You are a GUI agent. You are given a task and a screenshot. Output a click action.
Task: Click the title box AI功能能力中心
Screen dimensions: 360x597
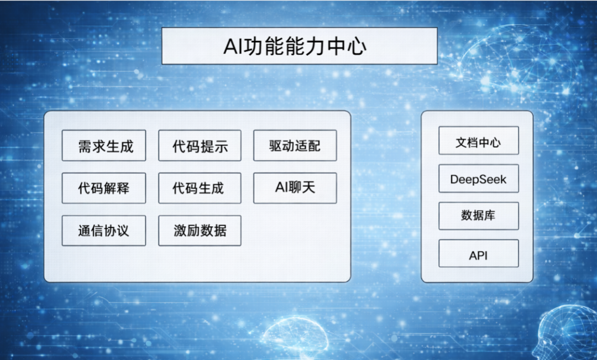tap(299, 46)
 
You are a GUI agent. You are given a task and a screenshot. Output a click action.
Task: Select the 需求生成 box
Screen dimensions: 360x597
tap(104, 145)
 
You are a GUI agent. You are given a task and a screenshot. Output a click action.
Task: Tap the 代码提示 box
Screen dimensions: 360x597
tap(200, 145)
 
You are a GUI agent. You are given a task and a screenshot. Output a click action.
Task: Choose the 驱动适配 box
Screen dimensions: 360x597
tap(295, 145)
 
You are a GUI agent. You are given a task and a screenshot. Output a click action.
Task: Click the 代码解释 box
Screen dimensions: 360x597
tap(104, 188)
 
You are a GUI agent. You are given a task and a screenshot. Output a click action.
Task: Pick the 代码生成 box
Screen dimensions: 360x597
tap(200, 188)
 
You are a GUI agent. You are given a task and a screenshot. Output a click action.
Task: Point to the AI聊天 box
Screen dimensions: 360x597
tap(295, 188)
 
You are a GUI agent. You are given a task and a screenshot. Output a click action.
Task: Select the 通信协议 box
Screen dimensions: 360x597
tap(104, 231)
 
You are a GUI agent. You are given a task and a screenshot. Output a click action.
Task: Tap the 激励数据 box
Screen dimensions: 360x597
tap(200, 231)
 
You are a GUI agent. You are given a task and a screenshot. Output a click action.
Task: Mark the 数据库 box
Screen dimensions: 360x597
tap(479, 216)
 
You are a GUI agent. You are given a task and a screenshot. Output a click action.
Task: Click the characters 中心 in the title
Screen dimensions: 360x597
tap(348, 46)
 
